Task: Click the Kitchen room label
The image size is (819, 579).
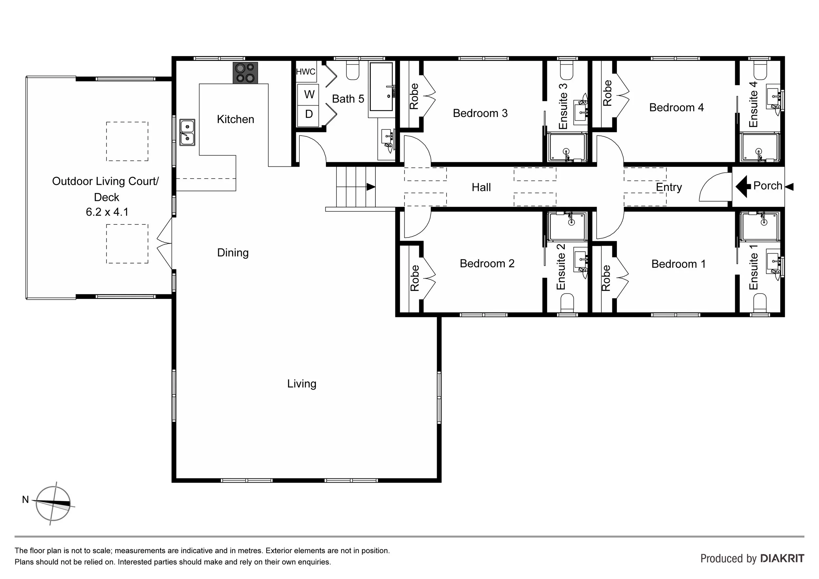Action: point(236,119)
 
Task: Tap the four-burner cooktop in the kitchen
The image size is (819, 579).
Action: point(245,73)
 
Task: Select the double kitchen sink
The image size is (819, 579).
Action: point(187,132)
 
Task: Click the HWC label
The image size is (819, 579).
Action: point(306,72)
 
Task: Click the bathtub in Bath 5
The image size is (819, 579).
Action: point(381,87)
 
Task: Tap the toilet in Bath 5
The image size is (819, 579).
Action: point(353,71)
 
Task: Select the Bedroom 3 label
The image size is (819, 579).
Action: point(480,113)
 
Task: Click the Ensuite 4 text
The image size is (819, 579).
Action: point(753,104)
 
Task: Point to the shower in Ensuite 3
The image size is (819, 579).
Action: point(567,147)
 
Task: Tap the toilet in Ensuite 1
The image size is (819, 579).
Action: point(760,303)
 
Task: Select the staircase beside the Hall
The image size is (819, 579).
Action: point(356,187)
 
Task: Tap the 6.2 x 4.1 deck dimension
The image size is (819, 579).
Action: point(107,212)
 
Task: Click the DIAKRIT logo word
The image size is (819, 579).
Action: point(782,558)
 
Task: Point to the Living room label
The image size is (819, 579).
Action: point(302,384)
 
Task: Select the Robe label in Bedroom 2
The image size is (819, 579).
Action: point(414,278)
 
